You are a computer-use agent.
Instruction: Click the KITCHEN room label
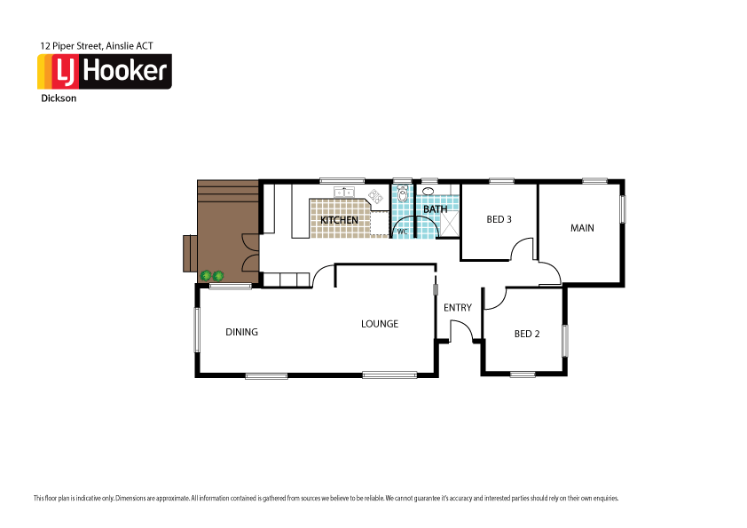(339, 220)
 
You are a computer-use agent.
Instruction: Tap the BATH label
(435, 209)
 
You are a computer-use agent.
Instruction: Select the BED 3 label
(499, 219)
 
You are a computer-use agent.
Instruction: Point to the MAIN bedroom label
(582, 228)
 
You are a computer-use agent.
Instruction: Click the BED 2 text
(527, 334)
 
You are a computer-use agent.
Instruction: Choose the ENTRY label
(458, 308)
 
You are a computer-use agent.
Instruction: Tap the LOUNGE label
(379, 324)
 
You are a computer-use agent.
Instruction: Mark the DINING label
(241, 332)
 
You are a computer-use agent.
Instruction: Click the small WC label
(402, 232)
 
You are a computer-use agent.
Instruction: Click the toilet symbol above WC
(402, 194)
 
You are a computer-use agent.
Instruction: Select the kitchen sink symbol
(343, 192)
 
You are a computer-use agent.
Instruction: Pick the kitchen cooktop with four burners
(375, 197)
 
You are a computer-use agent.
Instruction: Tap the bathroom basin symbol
(428, 191)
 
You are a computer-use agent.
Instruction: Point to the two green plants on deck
(212, 276)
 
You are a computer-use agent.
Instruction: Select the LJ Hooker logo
(104, 72)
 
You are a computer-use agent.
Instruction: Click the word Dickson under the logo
(59, 99)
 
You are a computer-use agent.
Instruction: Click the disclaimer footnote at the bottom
(326, 498)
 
